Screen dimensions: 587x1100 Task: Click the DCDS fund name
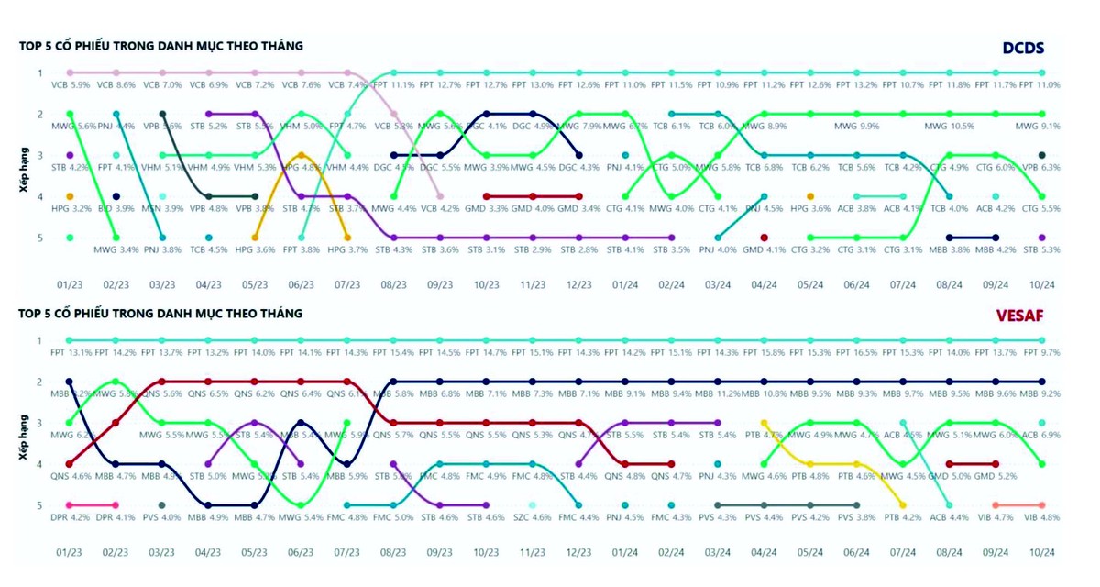click(1022, 48)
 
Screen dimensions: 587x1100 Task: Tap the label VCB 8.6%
click(115, 84)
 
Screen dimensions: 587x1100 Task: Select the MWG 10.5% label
click(948, 127)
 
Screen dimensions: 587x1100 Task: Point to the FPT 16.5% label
click(856, 352)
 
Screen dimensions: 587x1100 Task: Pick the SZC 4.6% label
click(533, 519)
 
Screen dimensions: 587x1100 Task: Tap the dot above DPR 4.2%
click(70, 505)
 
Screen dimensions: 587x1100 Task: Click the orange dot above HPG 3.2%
click(70, 196)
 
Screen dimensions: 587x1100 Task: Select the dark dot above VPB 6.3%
click(1041, 155)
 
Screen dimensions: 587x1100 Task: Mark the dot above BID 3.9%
click(116, 196)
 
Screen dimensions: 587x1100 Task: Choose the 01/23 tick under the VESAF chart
click(70, 553)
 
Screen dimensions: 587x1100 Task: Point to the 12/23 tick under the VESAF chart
click(578, 553)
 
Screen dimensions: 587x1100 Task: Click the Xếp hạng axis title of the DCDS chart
click(26, 155)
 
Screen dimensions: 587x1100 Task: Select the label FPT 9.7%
click(1041, 352)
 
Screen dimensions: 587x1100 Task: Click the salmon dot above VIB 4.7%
click(995, 505)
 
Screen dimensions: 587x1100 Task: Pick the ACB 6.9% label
click(1041, 435)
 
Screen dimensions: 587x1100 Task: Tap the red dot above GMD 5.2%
click(995, 464)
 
